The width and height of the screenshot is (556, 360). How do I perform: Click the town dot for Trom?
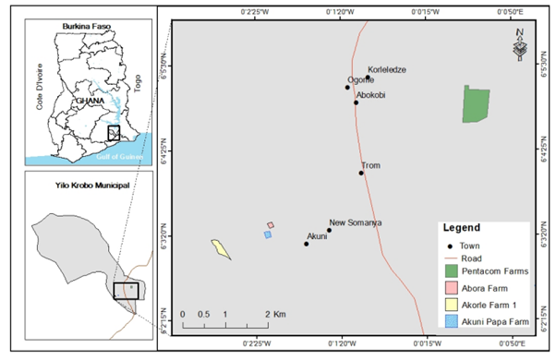point(362,173)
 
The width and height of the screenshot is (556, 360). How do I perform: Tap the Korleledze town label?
point(387,70)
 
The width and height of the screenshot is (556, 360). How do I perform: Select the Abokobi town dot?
point(356,102)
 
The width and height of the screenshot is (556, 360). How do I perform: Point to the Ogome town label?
point(361,80)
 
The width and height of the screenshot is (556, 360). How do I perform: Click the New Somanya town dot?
point(329,231)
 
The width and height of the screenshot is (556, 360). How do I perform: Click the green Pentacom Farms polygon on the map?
point(476,104)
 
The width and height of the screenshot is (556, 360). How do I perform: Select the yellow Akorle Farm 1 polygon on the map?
point(221,249)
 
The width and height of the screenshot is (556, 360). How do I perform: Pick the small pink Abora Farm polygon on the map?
point(271,225)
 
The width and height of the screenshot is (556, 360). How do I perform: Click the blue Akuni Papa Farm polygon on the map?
point(268,235)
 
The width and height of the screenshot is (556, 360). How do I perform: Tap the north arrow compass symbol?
point(520,46)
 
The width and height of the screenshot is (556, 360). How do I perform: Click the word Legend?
point(462,227)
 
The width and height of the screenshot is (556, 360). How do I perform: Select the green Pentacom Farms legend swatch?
point(452,271)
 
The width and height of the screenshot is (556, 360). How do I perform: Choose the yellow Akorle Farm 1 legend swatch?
point(452,306)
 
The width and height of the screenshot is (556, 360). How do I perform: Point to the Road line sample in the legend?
point(452,258)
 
